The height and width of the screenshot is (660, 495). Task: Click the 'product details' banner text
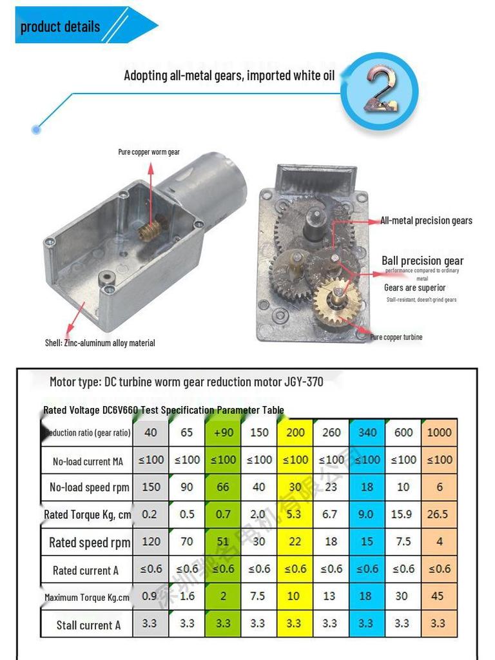point(60,27)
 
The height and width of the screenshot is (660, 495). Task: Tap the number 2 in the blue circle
point(380,91)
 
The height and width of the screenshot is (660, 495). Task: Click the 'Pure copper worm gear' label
point(149,152)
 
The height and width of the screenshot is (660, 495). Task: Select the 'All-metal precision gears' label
point(426,220)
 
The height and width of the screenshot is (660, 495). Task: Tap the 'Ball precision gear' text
point(422,260)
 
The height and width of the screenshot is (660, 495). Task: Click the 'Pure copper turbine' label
point(396,337)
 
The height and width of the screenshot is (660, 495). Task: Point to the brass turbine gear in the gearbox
point(337,298)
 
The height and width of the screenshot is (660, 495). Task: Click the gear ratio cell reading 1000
point(439,432)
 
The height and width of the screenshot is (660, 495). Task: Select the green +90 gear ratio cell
point(222,432)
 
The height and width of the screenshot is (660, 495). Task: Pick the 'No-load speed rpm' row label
point(89,487)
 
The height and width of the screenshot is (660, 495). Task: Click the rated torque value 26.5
point(439,514)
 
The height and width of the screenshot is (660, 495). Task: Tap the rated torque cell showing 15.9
point(403,514)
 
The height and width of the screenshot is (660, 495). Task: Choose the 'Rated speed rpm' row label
point(89,542)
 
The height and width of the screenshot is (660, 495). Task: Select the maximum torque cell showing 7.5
point(258,596)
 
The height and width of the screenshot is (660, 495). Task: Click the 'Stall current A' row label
point(88,625)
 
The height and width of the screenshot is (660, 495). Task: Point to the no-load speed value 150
point(151,487)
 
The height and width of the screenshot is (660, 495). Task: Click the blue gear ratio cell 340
point(367,432)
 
